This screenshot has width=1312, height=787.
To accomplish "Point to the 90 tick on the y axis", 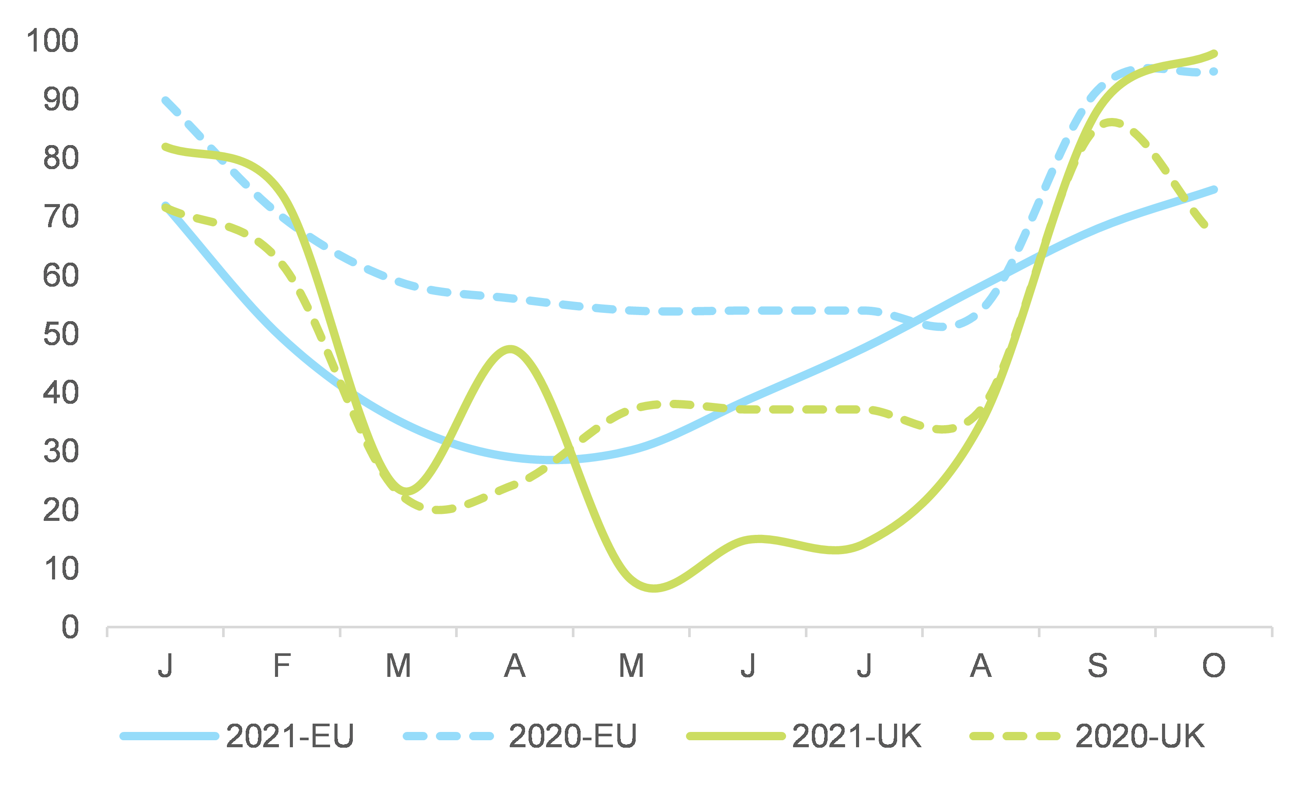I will pos(61,100).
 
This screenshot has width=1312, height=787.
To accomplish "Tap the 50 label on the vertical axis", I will pos(61,334).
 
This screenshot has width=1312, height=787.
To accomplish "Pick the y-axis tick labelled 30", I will pos(61,451).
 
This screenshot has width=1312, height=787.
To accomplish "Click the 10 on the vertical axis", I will pos(61,569).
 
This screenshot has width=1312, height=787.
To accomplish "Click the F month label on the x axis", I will pos(282,666).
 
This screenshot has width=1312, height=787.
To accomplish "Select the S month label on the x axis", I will pos(1098,666).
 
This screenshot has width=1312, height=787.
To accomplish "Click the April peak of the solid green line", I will pos(510,349).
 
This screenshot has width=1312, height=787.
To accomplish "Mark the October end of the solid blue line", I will pos(1215,189).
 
